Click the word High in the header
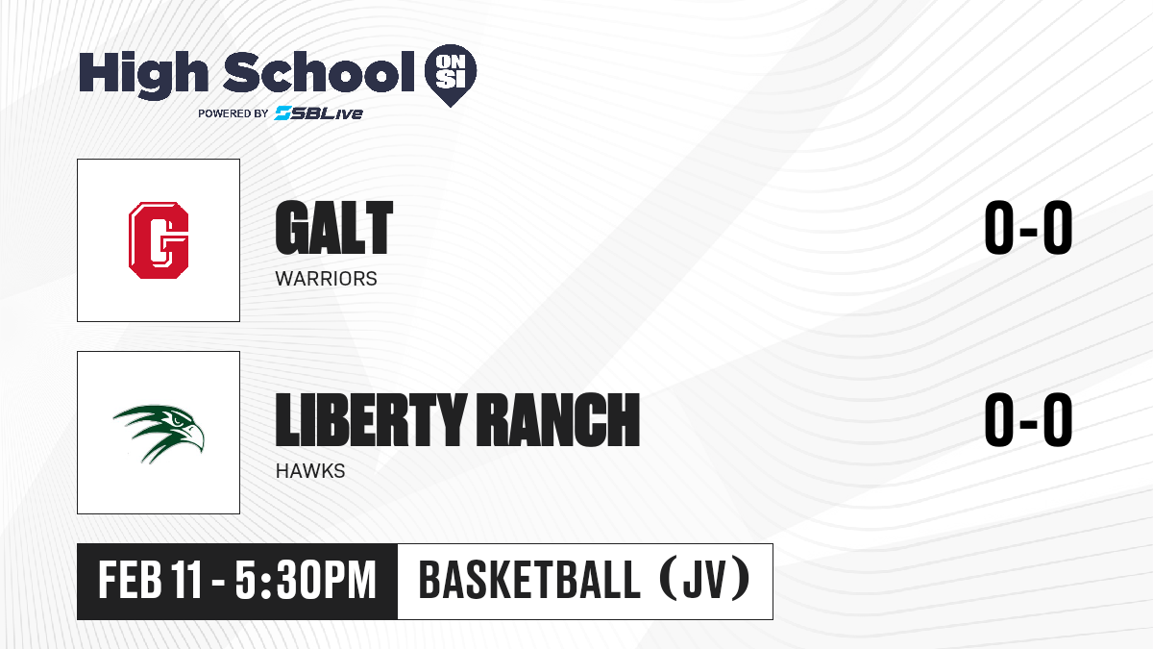[x=143, y=74]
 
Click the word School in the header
[x=319, y=71]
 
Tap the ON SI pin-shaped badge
[x=451, y=75]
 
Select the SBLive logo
[x=319, y=112]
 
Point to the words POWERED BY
[x=233, y=113]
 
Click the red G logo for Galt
[x=159, y=240]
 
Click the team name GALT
[x=334, y=228]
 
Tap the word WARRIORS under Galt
[x=327, y=279]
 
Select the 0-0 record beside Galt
[x=1028, y=227]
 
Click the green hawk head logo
[x=159, y=434]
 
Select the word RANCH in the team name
[x=557, y=419]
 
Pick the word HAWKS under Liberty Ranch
[x=310, y=471]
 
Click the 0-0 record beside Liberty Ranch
[x=1028, y=419]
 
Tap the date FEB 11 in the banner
[x=150, y=580]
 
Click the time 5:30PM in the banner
[x=306, y=580]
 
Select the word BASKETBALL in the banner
[x=529, y=580]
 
